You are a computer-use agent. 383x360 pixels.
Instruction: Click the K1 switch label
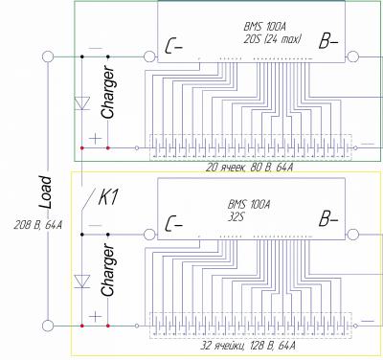point(108,197)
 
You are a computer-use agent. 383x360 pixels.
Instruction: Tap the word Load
point(45,192)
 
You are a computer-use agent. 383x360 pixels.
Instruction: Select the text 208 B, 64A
point(37,225)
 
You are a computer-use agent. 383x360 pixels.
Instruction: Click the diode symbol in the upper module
point(82,103)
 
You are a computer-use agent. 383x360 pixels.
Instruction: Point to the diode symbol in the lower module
point(82,281)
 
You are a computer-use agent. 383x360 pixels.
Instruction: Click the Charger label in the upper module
point(108,92)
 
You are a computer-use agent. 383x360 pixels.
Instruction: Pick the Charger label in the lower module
point(108,270)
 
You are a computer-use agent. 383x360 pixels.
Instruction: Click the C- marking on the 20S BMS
point(173,47)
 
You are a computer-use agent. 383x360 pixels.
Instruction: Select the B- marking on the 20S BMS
point(328,42)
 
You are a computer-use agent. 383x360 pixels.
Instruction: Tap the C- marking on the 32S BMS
point(173,224)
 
